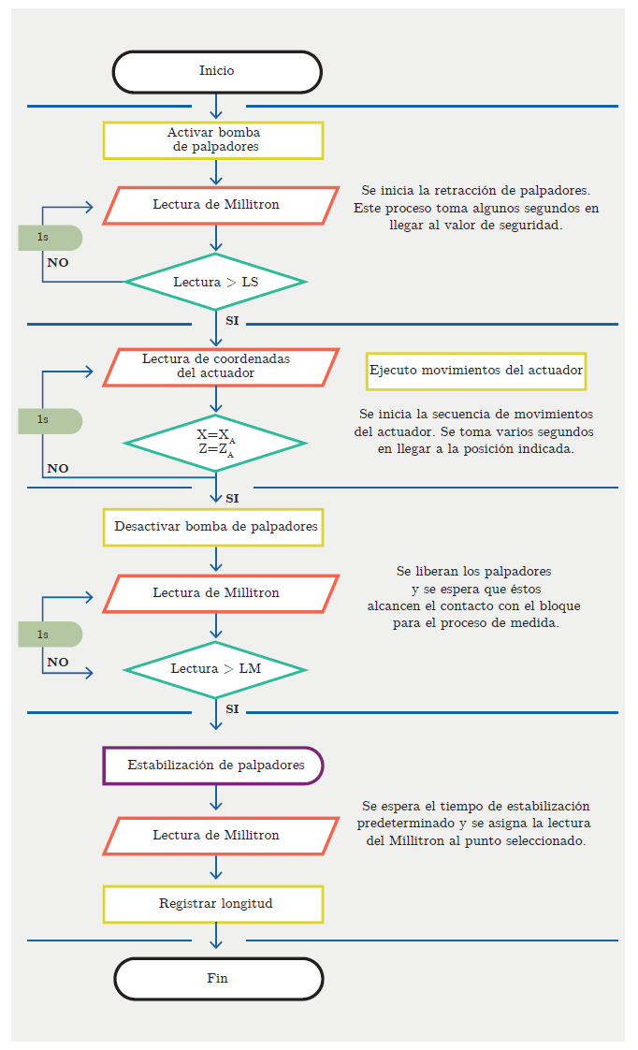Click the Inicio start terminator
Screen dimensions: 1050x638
(217, 72)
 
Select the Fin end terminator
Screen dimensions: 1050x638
(218, 979)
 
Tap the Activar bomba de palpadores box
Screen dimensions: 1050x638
(213, 140)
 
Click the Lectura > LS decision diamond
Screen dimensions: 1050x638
(215, 282)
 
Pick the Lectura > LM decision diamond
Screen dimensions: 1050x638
(215, 669)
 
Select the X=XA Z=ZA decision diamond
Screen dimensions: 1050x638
(215, 443)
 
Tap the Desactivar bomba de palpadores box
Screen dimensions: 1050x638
(215, 527)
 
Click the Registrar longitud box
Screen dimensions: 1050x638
(213, 904)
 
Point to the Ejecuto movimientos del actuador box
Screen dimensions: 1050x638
(476, 371)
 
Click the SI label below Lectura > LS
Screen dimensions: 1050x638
(232, 321)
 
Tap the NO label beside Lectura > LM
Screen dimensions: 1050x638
(58, 663)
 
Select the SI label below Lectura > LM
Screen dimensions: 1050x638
(232, 709)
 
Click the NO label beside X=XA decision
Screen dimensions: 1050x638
(58, 469)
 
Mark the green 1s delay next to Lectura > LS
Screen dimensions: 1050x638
(49, 238)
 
